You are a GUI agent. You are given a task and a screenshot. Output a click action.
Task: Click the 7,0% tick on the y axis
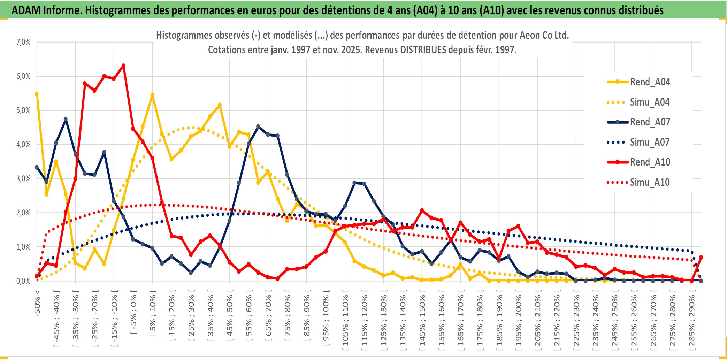pos(23,42)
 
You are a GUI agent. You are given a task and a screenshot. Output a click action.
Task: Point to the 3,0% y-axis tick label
pos(23,179)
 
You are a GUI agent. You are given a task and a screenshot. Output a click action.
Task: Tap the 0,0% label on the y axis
pos(23,281)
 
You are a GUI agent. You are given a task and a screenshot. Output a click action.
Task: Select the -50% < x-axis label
pos(37,303)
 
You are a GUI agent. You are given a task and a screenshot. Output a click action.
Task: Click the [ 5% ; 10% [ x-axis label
pos(153,315)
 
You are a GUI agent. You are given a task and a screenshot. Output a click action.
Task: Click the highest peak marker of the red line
pos(123,66)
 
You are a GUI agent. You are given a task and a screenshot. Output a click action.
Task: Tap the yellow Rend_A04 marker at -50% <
pos(37,94)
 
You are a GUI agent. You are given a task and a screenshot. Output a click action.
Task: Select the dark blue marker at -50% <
pos(37,167)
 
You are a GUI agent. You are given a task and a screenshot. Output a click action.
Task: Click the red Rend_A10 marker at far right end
pos(701,257)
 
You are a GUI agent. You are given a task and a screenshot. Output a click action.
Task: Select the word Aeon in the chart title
pos(529,35)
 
